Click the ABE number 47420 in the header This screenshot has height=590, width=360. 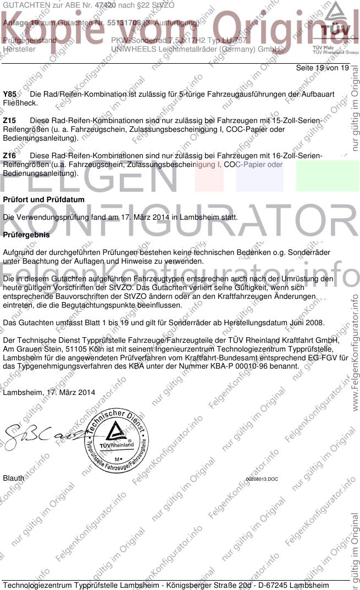105,4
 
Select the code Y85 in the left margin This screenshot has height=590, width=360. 9,94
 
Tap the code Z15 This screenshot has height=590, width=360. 9,120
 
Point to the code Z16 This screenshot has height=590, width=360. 9,156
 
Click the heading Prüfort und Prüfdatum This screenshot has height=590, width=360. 44,199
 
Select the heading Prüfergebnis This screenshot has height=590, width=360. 26,235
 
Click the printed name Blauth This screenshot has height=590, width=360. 14,478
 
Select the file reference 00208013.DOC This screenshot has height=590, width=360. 262,479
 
